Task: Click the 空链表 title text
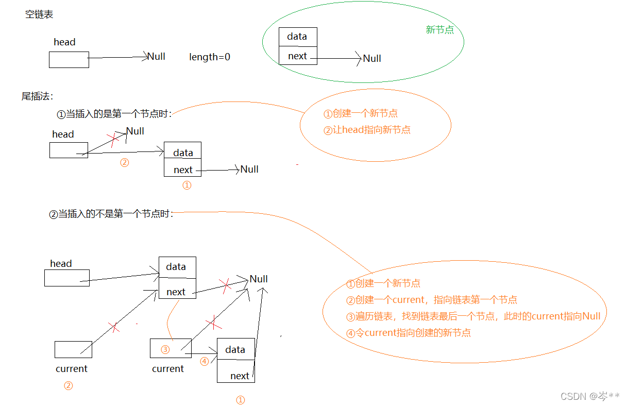pos(39,14)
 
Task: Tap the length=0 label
pos(210,57)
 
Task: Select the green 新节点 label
pos(439,30)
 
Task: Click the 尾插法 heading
pos(37,96)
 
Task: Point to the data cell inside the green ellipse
pos(297,37)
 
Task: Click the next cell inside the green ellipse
pos(297,56)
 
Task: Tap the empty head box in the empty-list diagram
pos(69,60)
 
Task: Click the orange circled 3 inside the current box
pos(165,350)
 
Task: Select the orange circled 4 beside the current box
pos(205,361)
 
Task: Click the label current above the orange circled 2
pos(72,369)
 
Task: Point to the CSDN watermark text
pos(589,396)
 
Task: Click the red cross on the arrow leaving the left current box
pos(114,327)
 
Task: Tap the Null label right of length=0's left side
pos(156,57)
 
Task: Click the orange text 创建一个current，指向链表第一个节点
pos(432,299)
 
